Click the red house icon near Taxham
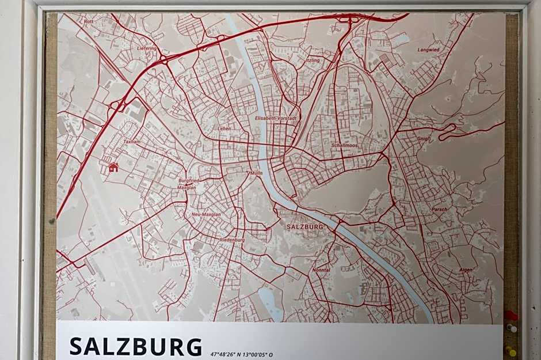coord(113,168)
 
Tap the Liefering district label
coord(147,48)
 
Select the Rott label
coord(88,21)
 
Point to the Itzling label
coord(313,60)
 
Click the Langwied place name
coord(428,50)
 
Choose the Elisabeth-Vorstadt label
coord(276,118)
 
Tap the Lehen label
coord(224,128)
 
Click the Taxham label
coord(132,141)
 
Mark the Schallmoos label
coord(344,146)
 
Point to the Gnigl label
coord(423,139)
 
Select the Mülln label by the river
coord(256,173)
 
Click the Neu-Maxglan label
coord(205,214)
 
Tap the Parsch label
coord(439,209)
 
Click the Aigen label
coord(466,270)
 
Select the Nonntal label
coord(321,270)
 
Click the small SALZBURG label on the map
coord(304,227)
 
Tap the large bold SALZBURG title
coord(136,347)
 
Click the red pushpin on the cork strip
coord(510,315)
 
